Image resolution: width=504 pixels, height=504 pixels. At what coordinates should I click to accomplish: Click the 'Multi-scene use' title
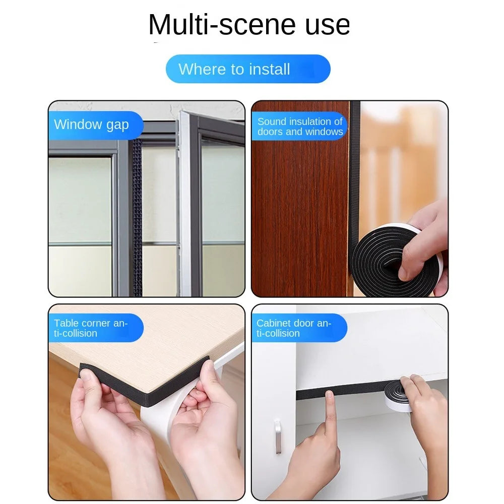point(249,25)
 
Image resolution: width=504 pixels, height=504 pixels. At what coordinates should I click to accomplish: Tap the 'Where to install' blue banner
point(248,69)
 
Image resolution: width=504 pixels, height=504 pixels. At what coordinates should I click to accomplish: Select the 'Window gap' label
point(91,124)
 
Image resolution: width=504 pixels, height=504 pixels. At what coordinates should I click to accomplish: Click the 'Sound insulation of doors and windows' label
point(300,127)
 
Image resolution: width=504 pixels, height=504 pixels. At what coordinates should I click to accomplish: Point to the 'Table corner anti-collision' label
point(91,328)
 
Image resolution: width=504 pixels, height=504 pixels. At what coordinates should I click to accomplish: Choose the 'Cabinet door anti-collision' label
point(294,328)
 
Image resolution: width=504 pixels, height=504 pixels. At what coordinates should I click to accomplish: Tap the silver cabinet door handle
point(278,436)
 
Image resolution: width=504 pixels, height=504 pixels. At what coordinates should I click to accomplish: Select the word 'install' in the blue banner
point(269,69)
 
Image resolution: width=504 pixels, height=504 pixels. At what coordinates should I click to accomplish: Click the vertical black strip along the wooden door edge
point(354,180)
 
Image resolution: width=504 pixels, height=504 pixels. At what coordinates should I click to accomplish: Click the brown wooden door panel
point(299,209)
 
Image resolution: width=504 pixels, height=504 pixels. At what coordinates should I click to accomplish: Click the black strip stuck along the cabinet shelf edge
point(341,390)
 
